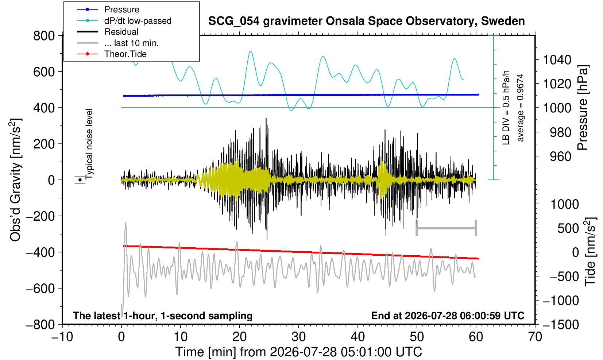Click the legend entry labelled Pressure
122,9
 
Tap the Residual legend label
121,32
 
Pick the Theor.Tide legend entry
125,54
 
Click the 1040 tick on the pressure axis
557,59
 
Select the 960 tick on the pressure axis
560,156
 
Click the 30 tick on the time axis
298,337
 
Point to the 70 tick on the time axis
535,337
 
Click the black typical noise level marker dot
80,180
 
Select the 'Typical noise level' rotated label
89,144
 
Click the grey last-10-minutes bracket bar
447,228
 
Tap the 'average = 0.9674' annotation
520,108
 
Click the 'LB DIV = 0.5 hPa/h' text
506,108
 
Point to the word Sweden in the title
503,21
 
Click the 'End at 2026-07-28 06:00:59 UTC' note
448,316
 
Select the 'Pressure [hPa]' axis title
582,108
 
